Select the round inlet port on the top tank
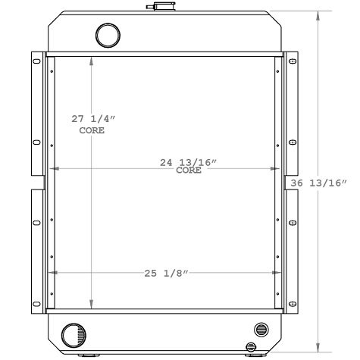pyautogui.click(x=108, y=35)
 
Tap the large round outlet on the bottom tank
pyautogui.click(x=73, y=333)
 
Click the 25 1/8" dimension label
pyautogui.click(x=166, y=273)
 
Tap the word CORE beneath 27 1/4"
pyautogui.click(x=92, y=130)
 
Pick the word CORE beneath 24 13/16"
pyautogui.click(x=189, y=171)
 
